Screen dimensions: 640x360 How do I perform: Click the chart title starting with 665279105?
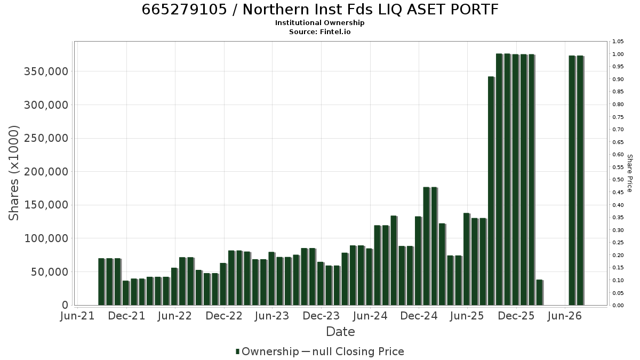coord(320,9)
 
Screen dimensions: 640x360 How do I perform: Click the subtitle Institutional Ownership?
coord(319,23)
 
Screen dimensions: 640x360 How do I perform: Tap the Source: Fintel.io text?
coord(319,31)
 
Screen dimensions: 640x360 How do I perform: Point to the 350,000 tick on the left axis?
coord(46,71)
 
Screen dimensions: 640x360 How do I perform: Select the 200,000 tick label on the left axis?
coord(46,172)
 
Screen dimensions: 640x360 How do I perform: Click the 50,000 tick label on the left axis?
coord(50,272)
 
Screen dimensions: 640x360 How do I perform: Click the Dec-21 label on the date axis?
coord(126,316)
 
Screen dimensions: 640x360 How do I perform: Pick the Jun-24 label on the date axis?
coord(370,316)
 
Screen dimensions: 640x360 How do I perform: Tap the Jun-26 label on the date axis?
coord(565,316)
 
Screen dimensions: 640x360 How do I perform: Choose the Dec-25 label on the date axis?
coord(516,316)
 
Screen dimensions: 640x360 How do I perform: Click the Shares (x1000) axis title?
coord(13,173)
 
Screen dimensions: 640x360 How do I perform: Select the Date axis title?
coord(340,332)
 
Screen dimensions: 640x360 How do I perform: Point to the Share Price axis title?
coord(629,173)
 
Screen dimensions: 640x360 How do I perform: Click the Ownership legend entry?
coord(267,351)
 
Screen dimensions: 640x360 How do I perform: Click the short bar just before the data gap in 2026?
coord(539,293)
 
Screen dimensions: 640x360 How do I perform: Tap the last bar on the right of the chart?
coord(580,181)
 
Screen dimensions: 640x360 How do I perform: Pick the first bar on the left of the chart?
coord(101,282)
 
